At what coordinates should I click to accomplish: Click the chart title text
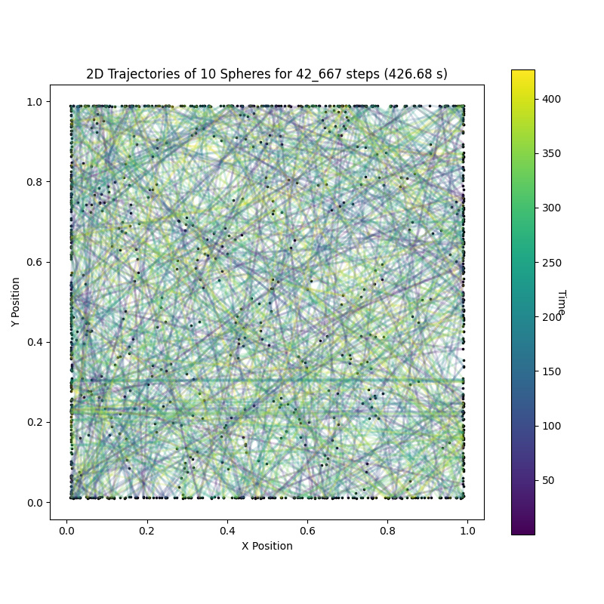[x=267, y=74]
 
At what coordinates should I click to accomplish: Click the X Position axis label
[x=267, y=546]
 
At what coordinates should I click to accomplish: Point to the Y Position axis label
[x=16, y=302]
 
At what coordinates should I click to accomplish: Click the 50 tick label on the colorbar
[x=549, y=480]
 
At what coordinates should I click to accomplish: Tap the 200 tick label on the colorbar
[x=552, y=317]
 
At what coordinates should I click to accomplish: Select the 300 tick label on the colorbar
[x=552, y=208]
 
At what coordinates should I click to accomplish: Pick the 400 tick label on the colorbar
[x=552, y=99]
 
